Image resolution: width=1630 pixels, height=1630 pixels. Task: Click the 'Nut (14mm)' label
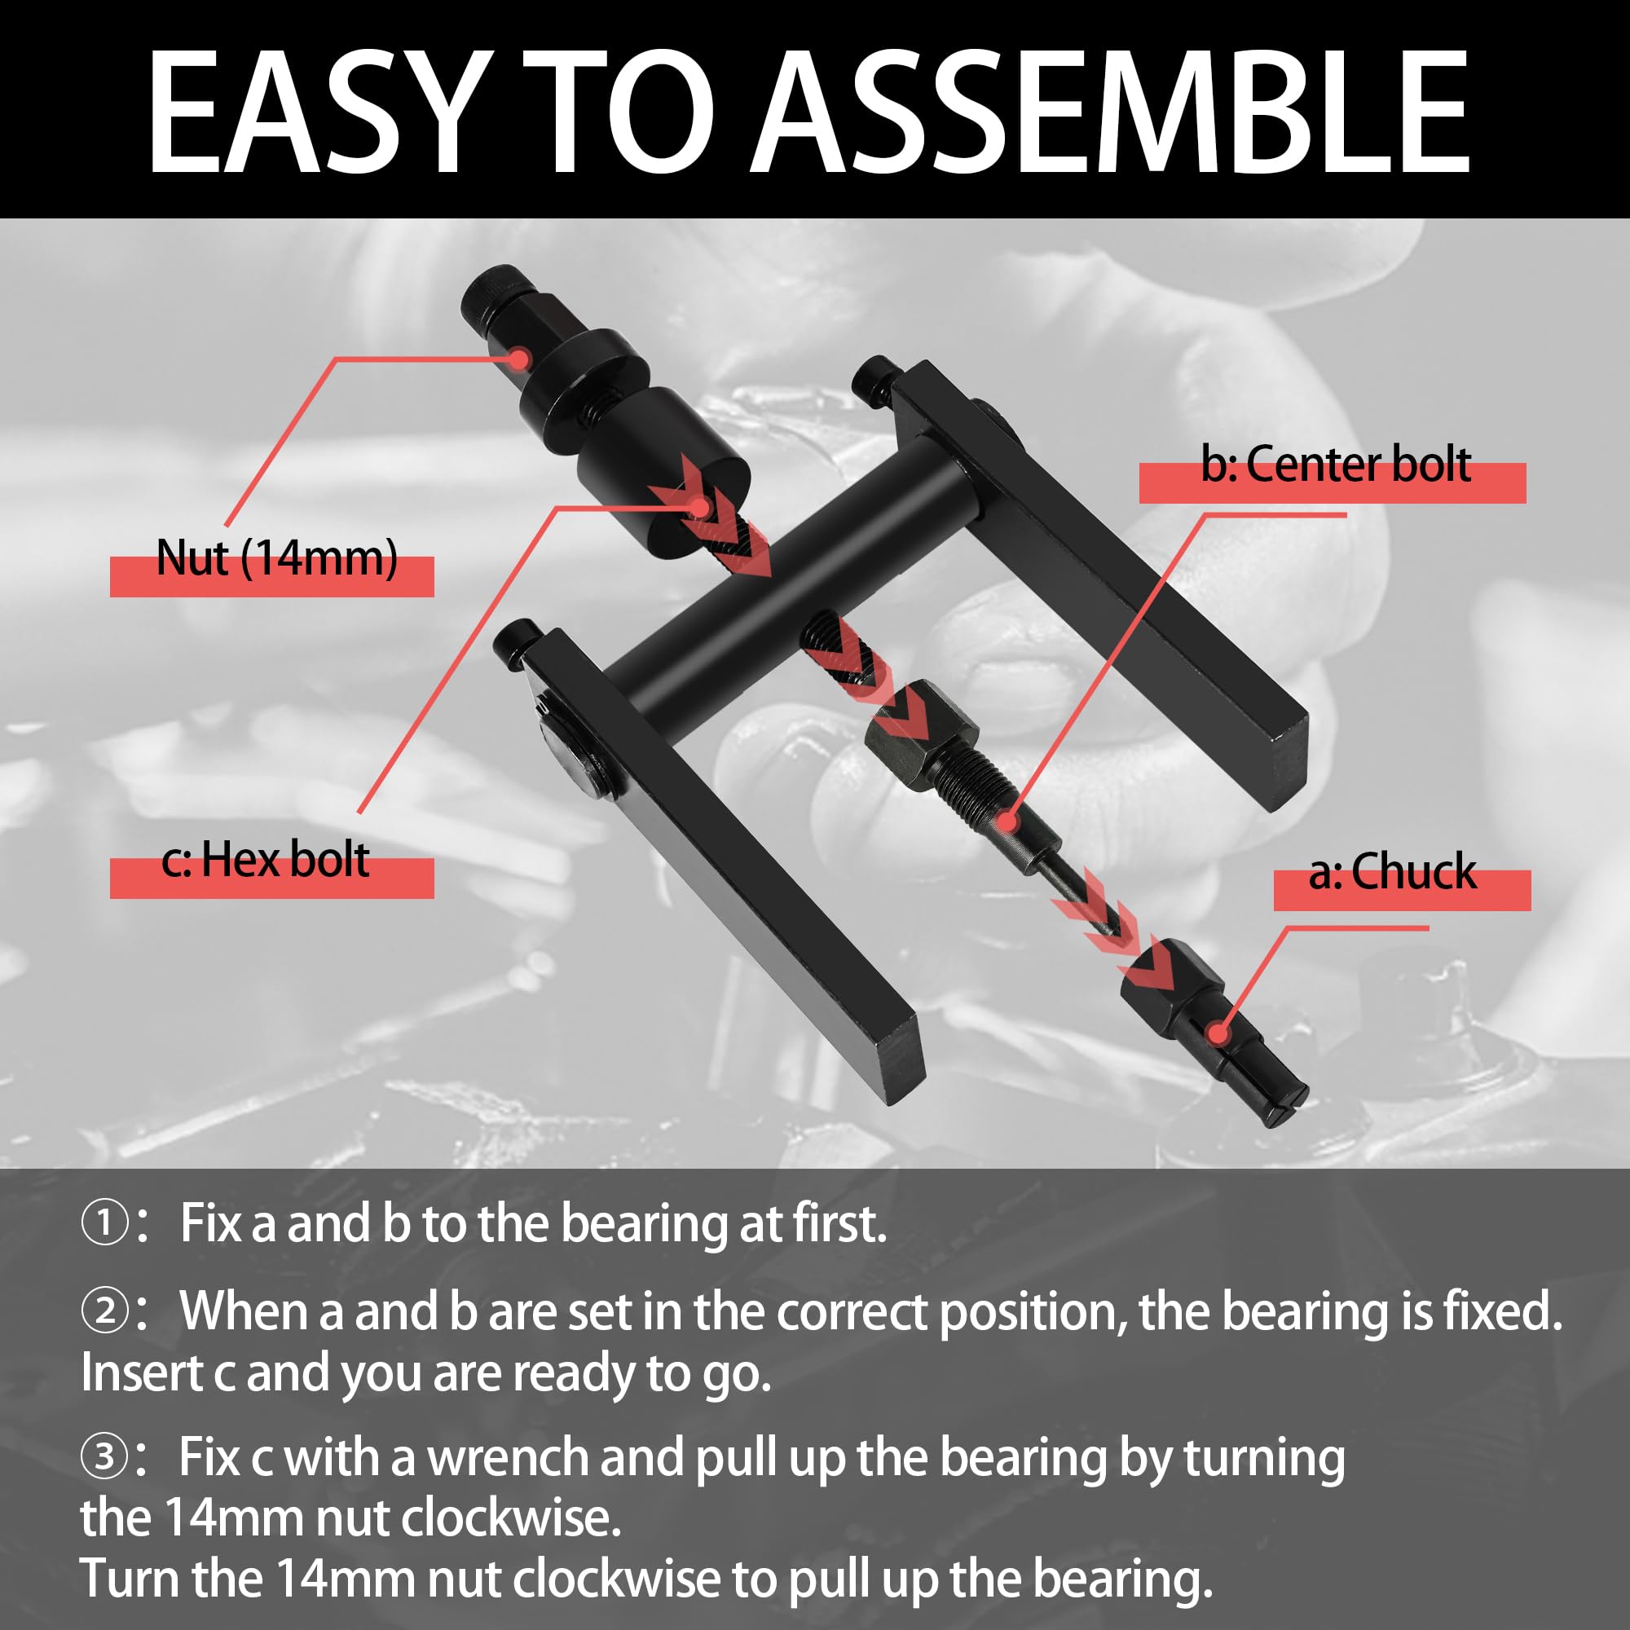277,560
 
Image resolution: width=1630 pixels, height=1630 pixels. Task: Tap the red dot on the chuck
1217,1033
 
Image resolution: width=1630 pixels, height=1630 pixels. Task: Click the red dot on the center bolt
1007,819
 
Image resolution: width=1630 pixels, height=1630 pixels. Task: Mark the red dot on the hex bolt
700,506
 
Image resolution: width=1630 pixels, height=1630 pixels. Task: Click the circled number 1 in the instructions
105,1224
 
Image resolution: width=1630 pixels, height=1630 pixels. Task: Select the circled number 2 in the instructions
105,1312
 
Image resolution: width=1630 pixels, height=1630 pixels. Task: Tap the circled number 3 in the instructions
105,1457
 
